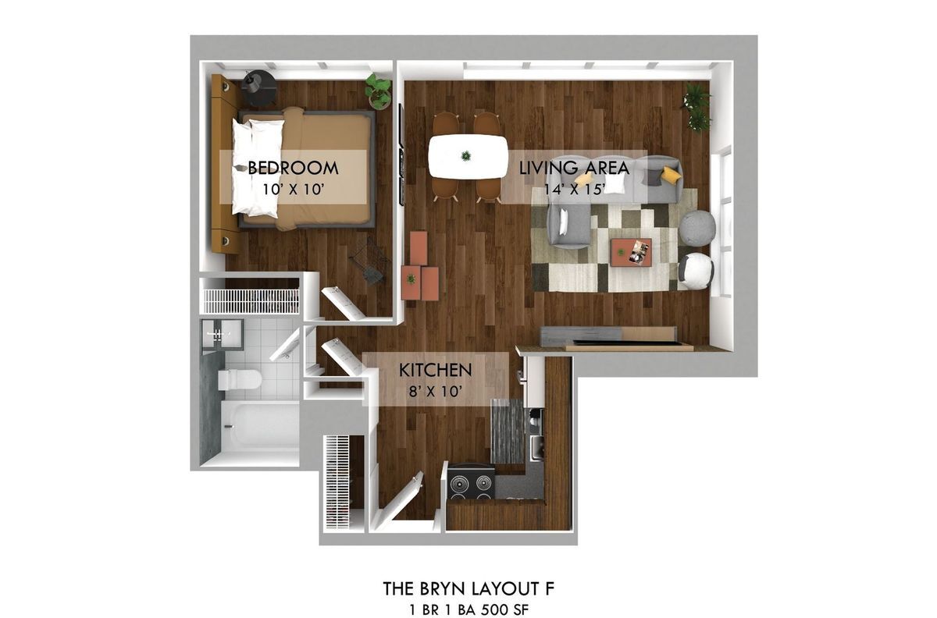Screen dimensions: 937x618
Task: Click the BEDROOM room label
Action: point(293,168)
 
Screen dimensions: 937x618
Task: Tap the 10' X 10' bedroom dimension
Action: point(294,190)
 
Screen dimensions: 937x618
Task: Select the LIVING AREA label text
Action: point(574,168)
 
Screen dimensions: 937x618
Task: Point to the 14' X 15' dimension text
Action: point(575,190)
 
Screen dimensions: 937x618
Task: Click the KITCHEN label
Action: point(435,370)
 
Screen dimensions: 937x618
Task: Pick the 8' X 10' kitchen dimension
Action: point(435,392)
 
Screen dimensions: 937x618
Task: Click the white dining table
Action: point(468,156)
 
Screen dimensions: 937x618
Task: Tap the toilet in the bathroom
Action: point(240,380)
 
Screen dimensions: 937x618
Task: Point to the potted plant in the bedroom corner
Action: point(378,91)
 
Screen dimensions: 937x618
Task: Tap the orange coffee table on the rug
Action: point(631,252)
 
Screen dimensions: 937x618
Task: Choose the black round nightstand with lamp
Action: point(259,89)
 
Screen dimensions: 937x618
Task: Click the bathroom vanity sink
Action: point(222,334)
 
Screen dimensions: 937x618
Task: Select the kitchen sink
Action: point(536,446)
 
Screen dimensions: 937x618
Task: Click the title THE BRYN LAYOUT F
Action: point(468,588)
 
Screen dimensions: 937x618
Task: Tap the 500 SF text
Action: point(505,610)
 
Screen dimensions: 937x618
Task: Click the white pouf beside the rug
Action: point(695,271)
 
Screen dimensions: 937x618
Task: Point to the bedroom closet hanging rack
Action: point(251,300)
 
